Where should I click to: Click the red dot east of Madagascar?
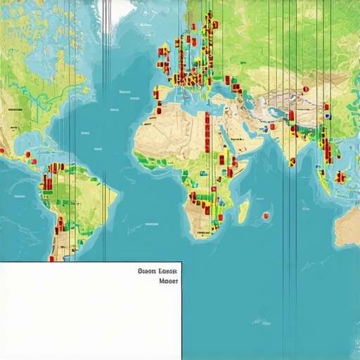[x=266, y=214]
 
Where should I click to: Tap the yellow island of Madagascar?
[x=243, y=210]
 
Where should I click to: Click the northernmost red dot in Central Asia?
[x=305, y=89]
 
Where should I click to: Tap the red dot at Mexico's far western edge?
[x=2, y=150]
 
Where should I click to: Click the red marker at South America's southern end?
[x=51, y=258]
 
